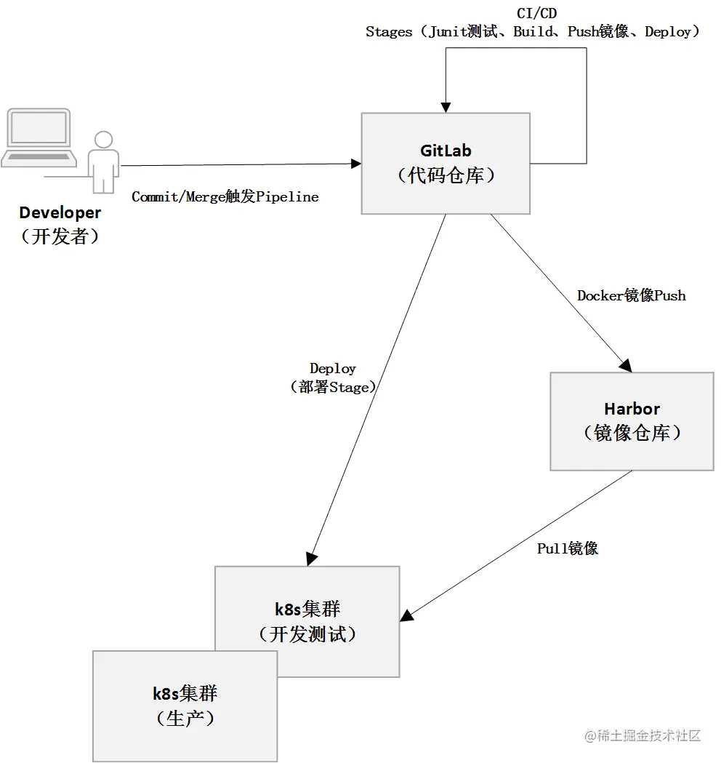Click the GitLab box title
pyautogui.click(x=446, y=151)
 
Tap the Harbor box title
pyautogui.click(x=632, y=409)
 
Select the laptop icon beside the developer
pyautogui.click(x=38, y=139)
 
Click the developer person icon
pyautogui.click(x=103, y=161)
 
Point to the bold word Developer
pyautogui.click(x=60, y=213)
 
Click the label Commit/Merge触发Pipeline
pyautogui.click(x=225, y=197)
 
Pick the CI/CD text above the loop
pyautogui.click(x=536, y=14)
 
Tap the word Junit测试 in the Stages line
pyautogui.click(x=464, y=32)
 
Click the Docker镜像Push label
pyautogui.click(x=631, y=295)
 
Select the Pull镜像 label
pyautogui.click(x=568, y=548)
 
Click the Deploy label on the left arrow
pyautogui.click(x=333, y=369)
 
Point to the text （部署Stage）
pyautogui.click(x=333, y=388)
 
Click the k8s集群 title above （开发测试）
pyautogui.click(x=307, y=610)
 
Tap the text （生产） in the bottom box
pyautogui.click(x=185, y=718)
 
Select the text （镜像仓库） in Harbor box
pyautogui.click(x=632, y=433)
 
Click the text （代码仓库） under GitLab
pyautogui.click(x=446, y=175)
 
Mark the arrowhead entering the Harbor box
pyautogui.click(x=624, y=365)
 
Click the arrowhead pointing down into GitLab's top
pyautogui.click(x=445, y=105)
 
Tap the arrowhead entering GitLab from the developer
pyautogui.click(x=355, y=164)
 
